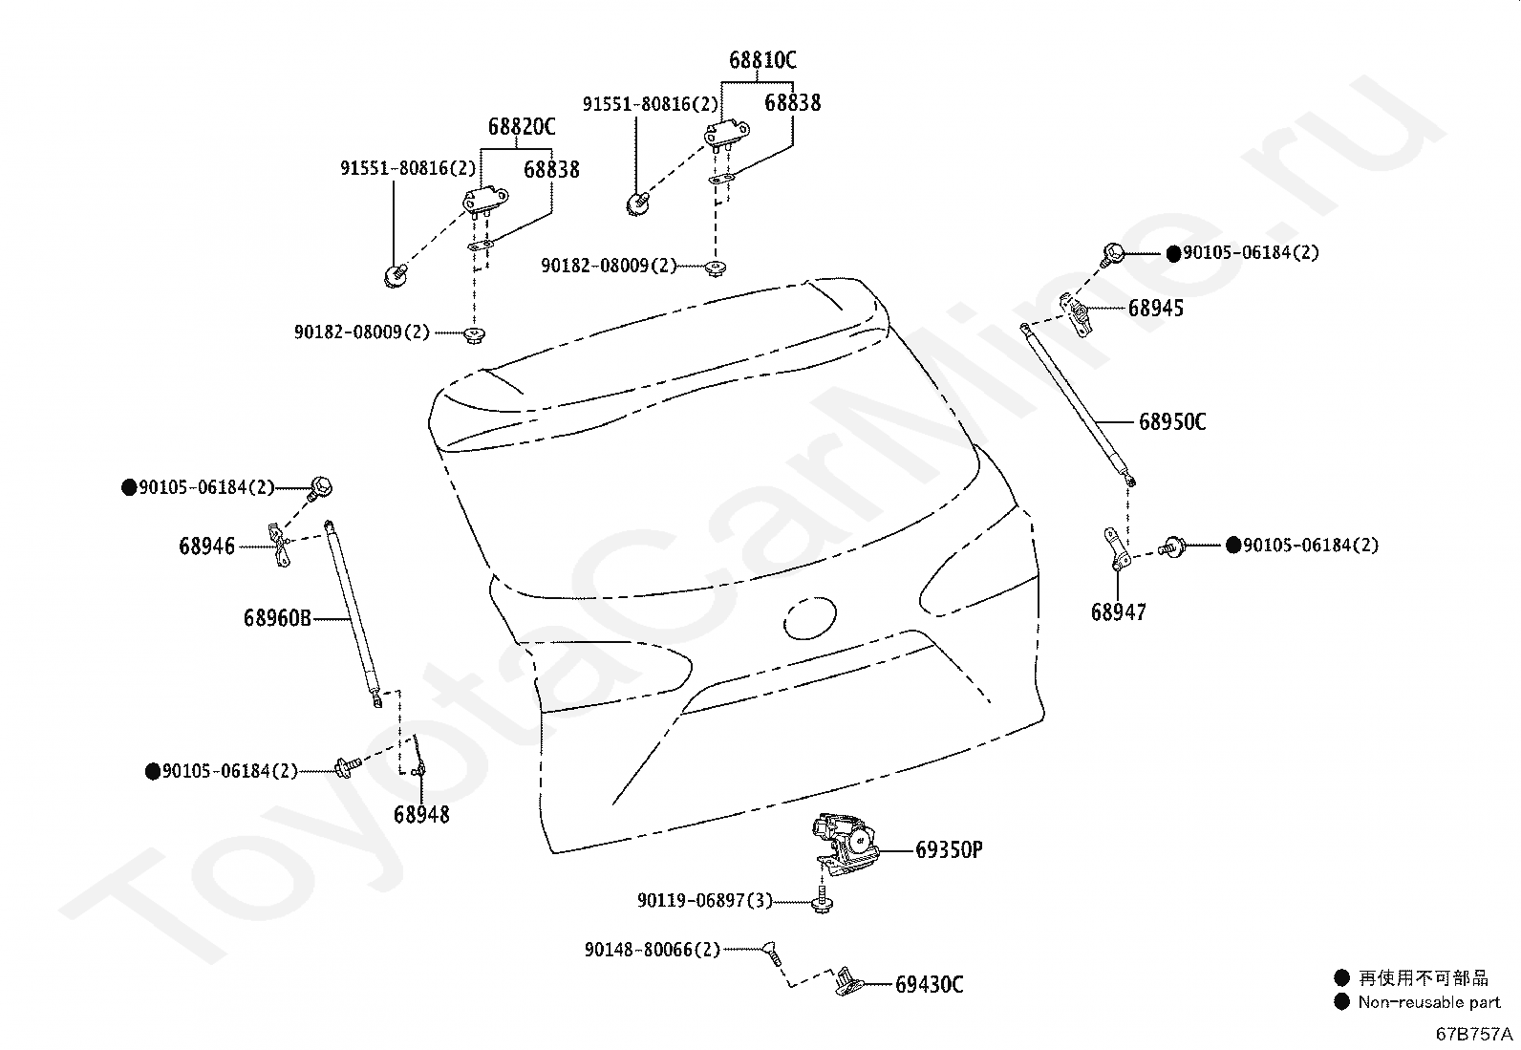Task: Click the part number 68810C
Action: pyautogui.click(x=762, y=60)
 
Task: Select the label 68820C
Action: pyautogui.click(x=522, y=126)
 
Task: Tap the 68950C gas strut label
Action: pyautogui.click(x=1172, y=421)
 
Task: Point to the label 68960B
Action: pyautogui.click(x=277, y=618)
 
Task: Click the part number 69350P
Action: pyautogui.click(x=949, y=849)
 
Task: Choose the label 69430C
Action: pyautogui.click(x=929, y=984)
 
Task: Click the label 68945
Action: pyautogui.click(x=1156, y=309)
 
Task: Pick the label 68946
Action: pyautogui.click(x=206, y=546)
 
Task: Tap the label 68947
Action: pyautogui.click(x=1119, y=612)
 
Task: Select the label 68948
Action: pyautogui.click(x=421, y=814)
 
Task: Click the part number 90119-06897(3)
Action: pyautogui.click(x=705, y=901)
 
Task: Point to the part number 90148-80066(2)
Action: pyautogui.click(x=653, y=950)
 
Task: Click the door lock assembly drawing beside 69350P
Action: pyautogui.click(x=844, y=845)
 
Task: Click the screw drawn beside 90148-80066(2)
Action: pyautogui.click(x=773, y=953)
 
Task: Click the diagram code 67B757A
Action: pyautogui.click(x=1474, y=1034)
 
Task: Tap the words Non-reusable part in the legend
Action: pyautogui.click(x=1428, y=1002)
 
